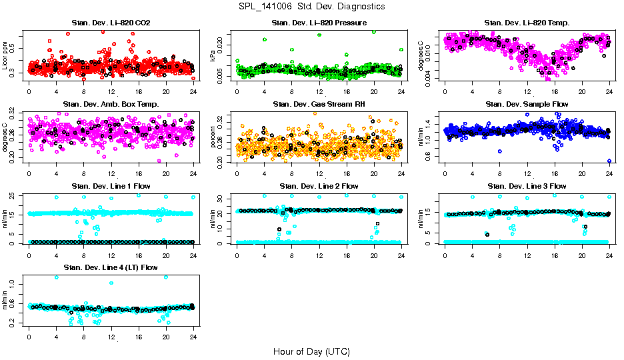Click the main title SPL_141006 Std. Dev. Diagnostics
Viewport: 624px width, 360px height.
coord(311,7)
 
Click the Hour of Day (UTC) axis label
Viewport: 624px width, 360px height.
coord(311,351)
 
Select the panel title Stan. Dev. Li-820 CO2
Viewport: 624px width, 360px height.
coord(111,23)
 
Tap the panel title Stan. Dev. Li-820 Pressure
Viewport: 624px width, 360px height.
coord(319,23)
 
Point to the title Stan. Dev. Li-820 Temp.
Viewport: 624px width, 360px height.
coord(527,23)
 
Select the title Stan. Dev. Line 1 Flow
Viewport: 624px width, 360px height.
coord(111,186)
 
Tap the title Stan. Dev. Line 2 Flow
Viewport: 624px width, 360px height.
coord(319,186)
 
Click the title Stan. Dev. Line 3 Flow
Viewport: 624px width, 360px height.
coord(527,186)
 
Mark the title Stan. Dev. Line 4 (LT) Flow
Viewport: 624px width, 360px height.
coord(111,267)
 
